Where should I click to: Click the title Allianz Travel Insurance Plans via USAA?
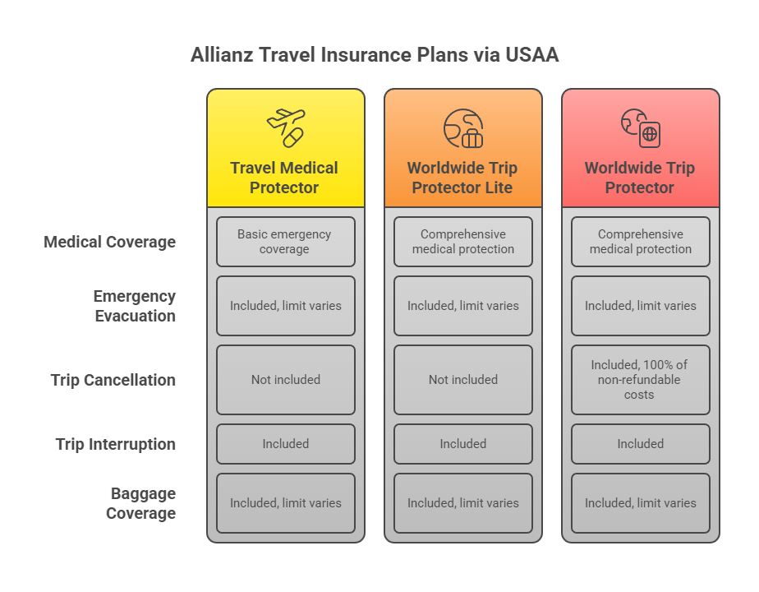(x=375, y=55)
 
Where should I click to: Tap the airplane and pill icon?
(x=285, y=127)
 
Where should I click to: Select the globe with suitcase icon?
(x=462, y=128)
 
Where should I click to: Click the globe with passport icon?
(x=640, y=128)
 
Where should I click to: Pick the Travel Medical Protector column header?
(x=284, y=178)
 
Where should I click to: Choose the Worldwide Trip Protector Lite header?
(x=462, y=178)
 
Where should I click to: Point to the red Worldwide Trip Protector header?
(x=640, y=178)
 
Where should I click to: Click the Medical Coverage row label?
(x=109, y=242)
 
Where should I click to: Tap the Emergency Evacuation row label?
(x=135, y=306)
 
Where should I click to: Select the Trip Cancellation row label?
(x=113, y=380)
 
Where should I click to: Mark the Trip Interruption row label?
(x=116, y=444)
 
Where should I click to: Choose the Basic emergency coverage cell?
(x=285, y=242)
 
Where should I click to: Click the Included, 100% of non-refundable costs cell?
(x=640, y=380)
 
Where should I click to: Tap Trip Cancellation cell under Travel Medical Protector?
(x=285, y=380)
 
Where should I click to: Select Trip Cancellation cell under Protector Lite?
(x=462, y=380)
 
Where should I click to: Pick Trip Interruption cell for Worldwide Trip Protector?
(x=640, y=444)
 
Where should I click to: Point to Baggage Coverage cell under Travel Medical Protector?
(x=285, y=503)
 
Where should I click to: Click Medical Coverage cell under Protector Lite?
(x=462, y=242)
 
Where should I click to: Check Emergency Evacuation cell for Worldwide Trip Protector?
(x=640, y=306)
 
